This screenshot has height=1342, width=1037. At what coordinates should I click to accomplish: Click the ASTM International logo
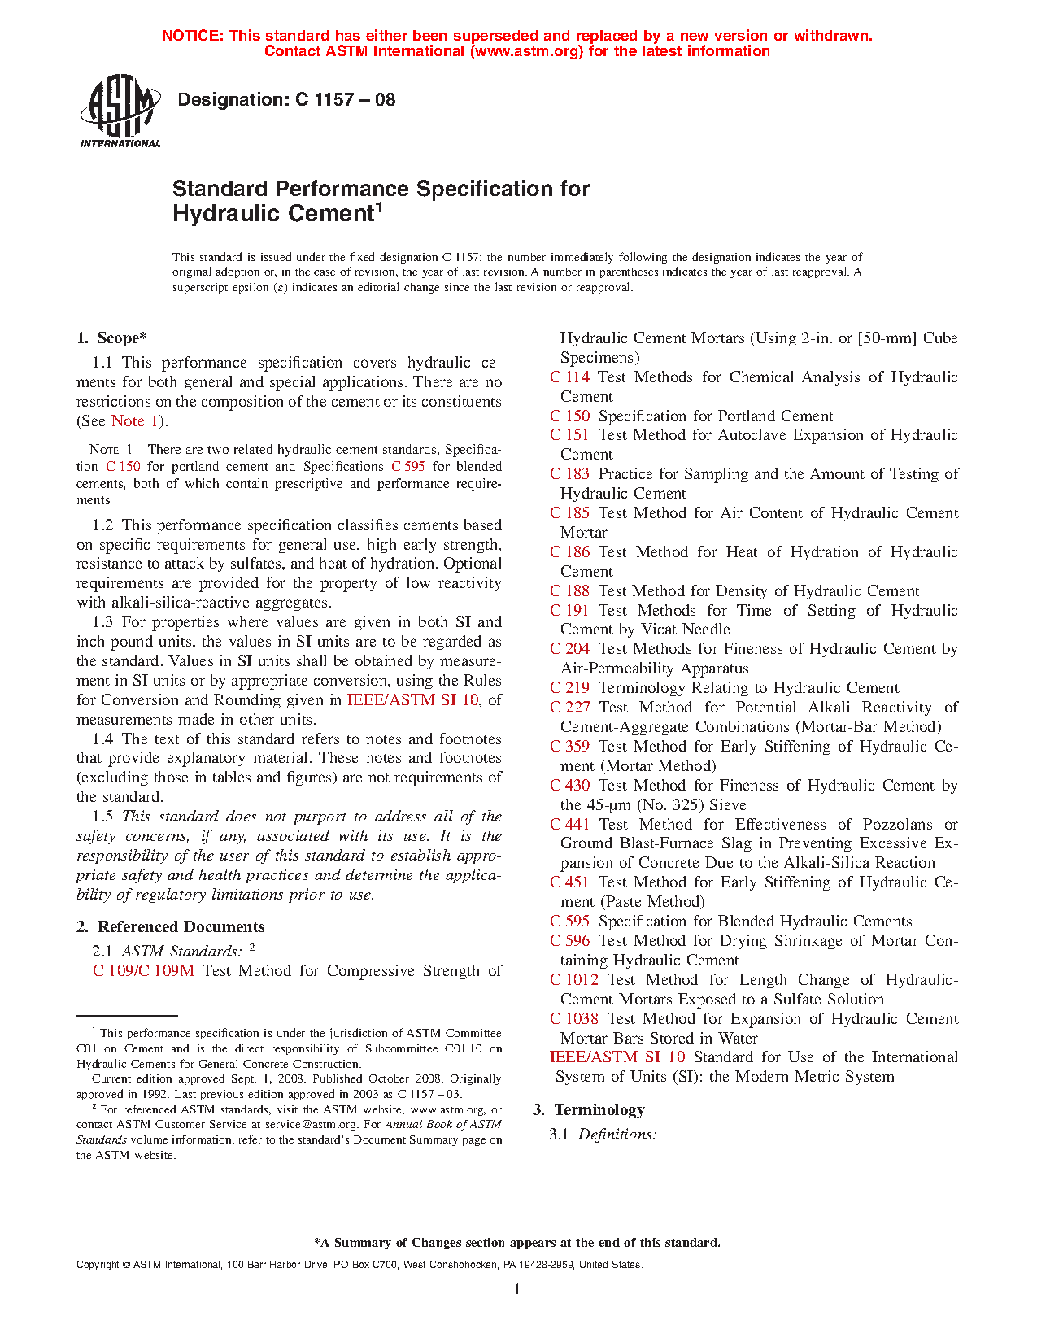coord(120,112)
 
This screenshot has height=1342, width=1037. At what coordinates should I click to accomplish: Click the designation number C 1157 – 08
coord(345,100)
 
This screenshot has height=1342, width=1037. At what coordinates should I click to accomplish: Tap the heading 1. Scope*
coord(111,338)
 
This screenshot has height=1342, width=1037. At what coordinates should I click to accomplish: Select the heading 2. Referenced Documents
coord(170,926)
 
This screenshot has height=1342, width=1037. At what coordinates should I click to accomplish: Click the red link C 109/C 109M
coord(143,970)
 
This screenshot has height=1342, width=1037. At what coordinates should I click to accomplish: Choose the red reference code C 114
coord(569,377)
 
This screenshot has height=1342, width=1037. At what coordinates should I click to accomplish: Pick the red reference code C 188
coord(569,590)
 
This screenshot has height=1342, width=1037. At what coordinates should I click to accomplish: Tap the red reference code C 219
coord(569,687)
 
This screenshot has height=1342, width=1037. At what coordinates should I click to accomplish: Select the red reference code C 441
coord(569,824)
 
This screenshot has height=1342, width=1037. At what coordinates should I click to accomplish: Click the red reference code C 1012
coord(573,979)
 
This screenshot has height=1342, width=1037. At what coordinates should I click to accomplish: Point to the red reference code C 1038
coord(573,1018)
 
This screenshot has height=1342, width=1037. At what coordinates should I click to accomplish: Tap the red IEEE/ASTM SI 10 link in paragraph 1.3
coord(413,699)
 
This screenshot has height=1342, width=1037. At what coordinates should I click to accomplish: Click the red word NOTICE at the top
coord(192,36)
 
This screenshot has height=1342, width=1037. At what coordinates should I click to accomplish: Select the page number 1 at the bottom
coord(516,1288)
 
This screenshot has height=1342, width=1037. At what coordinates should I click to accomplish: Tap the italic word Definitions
coord(617,1134)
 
